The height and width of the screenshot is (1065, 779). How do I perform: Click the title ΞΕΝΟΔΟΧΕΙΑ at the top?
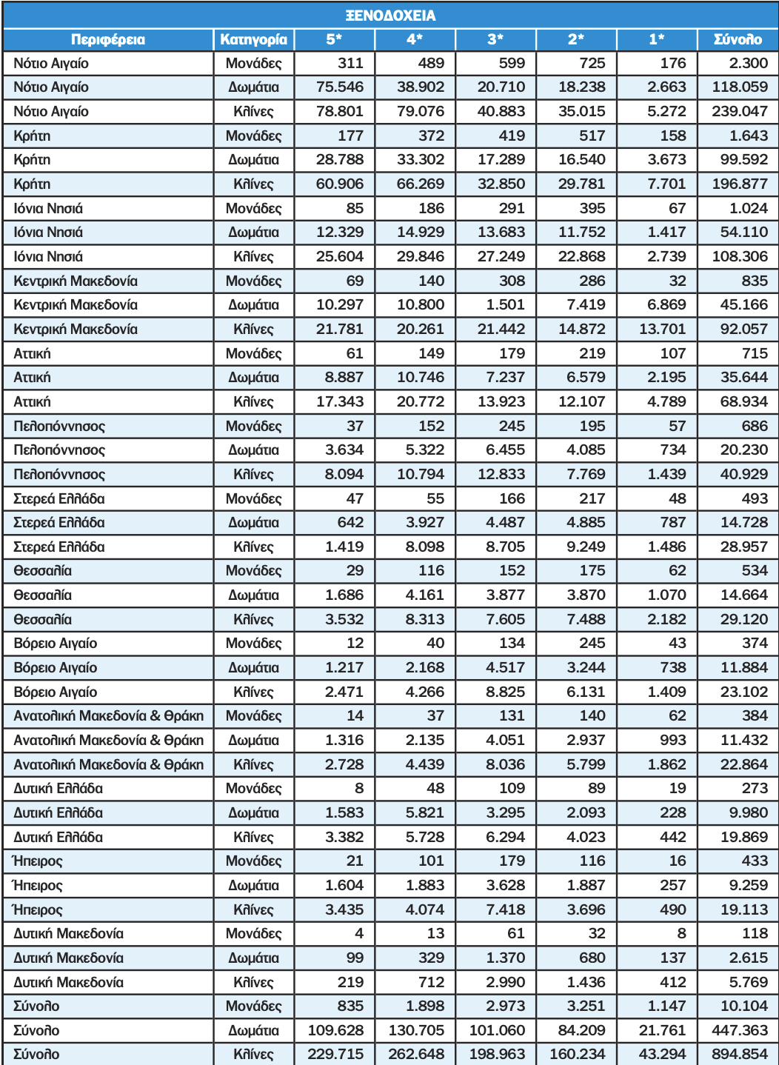(390, 16)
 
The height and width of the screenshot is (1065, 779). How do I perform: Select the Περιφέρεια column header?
(108, 39)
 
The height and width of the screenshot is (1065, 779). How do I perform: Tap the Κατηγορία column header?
(253, 39)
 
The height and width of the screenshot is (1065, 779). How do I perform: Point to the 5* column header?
(334, 39)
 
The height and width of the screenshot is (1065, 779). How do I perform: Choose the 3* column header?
(495, 39)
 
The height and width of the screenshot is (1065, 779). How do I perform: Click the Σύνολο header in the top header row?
(738, 39)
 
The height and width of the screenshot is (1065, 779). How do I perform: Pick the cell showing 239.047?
(740, 112)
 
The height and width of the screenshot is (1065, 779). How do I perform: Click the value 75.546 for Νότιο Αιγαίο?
(340, 87)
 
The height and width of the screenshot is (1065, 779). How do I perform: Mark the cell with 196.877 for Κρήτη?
(740, 184)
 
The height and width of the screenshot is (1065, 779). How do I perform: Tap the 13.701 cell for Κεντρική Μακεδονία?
(662, 330)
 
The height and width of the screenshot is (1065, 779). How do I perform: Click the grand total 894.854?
(740, 1055)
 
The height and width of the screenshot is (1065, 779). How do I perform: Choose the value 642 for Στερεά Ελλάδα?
(350, 523)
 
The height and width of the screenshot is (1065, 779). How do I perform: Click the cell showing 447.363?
(740, 1031)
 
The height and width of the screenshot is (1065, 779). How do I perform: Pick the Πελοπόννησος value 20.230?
(744, 450)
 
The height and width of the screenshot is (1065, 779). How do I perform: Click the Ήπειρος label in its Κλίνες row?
(38, 910)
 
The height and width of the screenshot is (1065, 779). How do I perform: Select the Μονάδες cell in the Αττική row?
(253, 354)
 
